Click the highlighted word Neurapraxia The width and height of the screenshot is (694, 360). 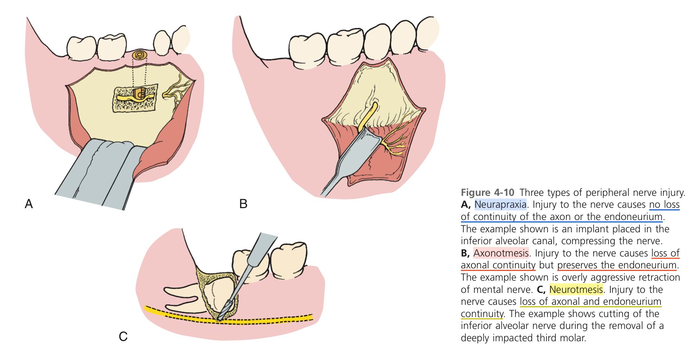[500, 205]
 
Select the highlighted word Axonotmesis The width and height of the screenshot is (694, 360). [501, 253]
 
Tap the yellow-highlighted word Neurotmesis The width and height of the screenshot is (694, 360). [576, 289]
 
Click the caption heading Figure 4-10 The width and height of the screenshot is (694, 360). [487, 192]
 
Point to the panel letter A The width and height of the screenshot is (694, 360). [28, 204]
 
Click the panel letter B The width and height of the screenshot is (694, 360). [243, 204]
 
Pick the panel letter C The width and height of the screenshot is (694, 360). [123, 337]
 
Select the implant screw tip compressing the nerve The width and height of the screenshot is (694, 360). [139, 94]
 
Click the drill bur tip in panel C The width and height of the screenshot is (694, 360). [220, 317]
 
